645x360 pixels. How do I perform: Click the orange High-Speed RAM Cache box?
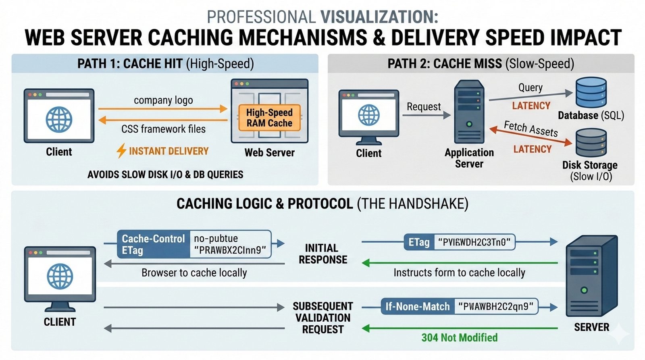point(269,118)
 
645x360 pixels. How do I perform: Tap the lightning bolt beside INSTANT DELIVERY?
point(121,151)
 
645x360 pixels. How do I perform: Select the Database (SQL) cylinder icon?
point(591,92)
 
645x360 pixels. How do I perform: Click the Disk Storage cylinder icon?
point(591,143)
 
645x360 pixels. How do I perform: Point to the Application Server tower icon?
point(469,112)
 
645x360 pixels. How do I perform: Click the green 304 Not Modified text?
point(459,337)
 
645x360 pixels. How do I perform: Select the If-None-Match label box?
point(417,307)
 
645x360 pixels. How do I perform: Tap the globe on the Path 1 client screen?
point(59,120)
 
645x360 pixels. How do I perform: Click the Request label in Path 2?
point(424,107)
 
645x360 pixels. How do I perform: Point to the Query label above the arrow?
point(530,87)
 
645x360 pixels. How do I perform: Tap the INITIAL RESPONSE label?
point(322,254)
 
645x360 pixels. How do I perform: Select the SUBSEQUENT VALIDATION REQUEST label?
point(322,318)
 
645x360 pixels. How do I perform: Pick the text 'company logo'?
point(163,100)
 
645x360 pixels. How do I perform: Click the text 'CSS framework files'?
point(163,129)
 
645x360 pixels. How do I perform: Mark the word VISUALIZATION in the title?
point(379,17)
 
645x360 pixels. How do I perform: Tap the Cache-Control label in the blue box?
point(153,239)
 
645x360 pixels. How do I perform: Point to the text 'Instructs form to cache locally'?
point(459,273)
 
